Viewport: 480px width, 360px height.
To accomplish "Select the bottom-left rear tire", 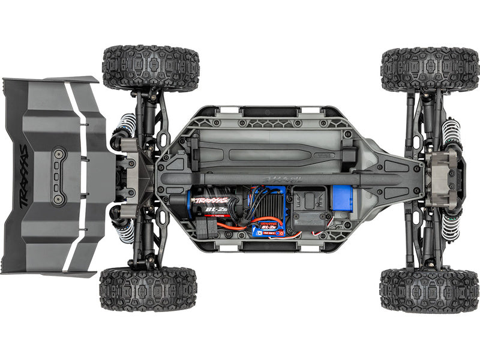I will point(148,289).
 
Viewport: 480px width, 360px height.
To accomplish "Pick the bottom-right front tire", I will point(429,289).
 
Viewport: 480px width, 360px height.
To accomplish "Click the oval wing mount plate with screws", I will point(58,176).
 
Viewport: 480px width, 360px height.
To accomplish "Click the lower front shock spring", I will point(449,224).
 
